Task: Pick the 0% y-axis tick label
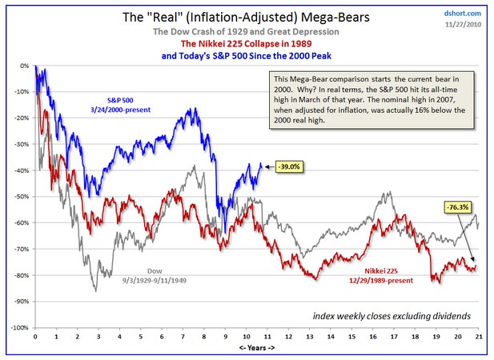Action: point(24,66)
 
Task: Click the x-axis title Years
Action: point(256,350)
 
